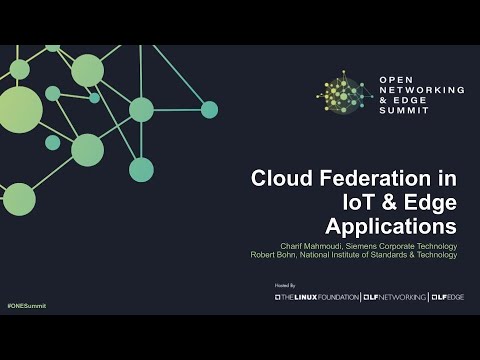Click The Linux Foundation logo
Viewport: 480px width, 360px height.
tap(317, 297)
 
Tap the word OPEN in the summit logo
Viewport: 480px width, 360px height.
tap(397, 80)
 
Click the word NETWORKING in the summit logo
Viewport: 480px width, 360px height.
tap(422, 90)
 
